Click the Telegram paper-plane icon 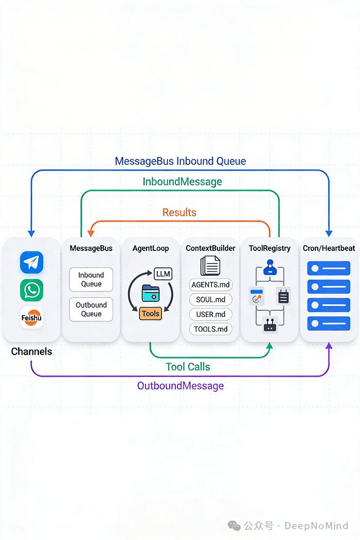[31, 262]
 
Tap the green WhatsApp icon [31, 290]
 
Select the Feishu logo [31, 318]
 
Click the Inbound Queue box [91, 279]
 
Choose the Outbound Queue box [91, 309]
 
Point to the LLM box [163, 274]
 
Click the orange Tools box [151, 313]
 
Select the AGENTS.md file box [210, 284]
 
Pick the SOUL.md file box [210, 299]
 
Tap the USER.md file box [210, 314]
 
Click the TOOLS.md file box [210, 329]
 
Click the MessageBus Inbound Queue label [181, 161]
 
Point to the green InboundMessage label [182, 182]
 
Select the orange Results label [179, 212]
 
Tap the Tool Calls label [188, 367]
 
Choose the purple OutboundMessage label [181, 385]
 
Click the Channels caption [31, 351]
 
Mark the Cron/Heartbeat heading [329, 248]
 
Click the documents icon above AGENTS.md [210, 265]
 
